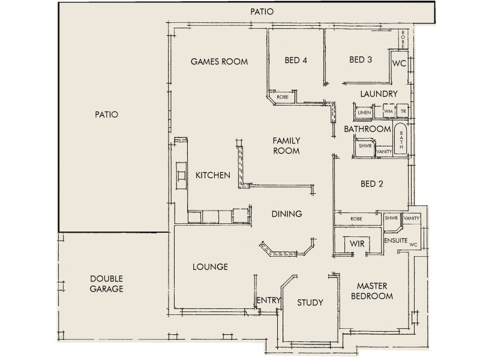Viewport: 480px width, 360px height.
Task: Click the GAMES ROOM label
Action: click(x=219, y=61)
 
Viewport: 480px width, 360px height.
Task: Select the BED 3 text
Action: click(x=361, y=59)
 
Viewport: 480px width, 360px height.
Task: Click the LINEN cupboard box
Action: click(x=363, y=112)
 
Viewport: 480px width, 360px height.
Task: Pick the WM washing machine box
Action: click(x=388, y=112)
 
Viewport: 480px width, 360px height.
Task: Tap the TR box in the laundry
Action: click(x=403, y=112)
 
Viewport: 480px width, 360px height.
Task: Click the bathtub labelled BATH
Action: click(x=401, y=140)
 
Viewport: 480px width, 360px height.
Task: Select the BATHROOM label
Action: click(x=367, y=129)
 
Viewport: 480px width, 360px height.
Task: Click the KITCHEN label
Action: click(x=213, y=176)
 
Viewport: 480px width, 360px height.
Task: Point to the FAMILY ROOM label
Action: click(x=286, y=146)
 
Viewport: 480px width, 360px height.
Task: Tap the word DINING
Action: click(x=286, y=214)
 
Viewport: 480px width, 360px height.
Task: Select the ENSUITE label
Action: click(x=397, y=241)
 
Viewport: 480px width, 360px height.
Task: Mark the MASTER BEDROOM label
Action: click(x=371, y=291)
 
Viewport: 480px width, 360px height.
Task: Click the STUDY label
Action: click(x=310, y=302)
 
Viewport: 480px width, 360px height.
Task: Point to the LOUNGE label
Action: click(x=209, y=267)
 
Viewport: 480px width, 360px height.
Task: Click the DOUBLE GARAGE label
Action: click(x=106, y=284)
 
